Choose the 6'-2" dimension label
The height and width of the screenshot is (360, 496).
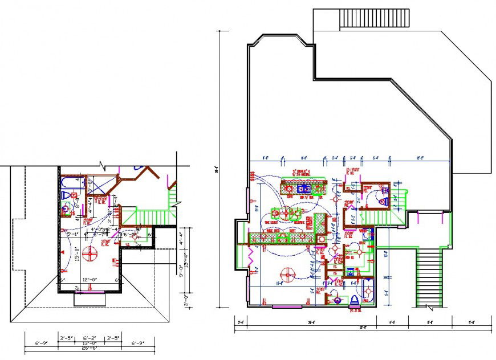(x=89, y=338)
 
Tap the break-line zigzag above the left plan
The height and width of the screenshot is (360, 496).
(x=103, y=165)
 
